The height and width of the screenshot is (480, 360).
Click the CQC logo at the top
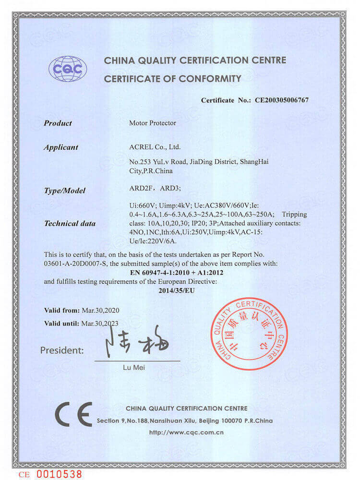tap(68, 68)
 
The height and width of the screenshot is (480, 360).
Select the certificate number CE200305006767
tap(281, 100)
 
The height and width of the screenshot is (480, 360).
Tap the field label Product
tap(58, 123)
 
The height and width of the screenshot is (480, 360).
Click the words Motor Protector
tap(153, 123)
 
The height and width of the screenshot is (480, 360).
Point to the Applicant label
tap(61, 147)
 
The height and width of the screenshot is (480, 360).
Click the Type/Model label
tap(64, 191)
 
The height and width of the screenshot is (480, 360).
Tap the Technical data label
tap(70, 223)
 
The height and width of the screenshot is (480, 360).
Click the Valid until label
tap(62, 324)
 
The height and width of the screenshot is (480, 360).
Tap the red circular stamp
tap(249, 333)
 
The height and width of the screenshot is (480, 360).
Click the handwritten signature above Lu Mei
tap(138, 343)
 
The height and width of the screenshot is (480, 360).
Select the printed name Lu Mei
tap(137, 368)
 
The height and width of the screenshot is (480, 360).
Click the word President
tap(62, 350)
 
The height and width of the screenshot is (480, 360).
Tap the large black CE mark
tap(73, 414)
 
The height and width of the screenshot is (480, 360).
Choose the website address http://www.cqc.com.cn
tap(187, 432)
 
